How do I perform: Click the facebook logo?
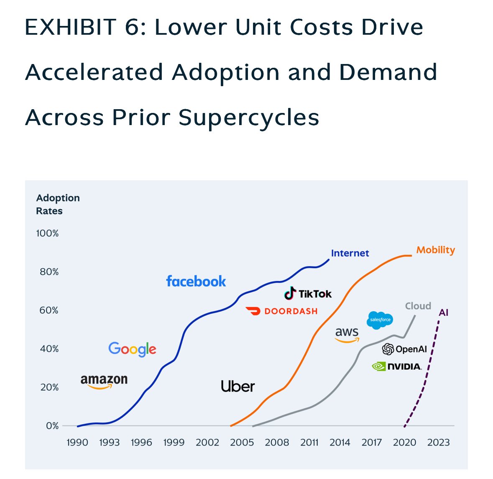pyautogui.click(x=196, y=281)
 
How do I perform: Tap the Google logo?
pyautogui.click(x=132, y=349)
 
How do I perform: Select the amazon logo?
pyautogui.click(x=104, y=381)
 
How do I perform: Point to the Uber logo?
pyautogui.click(x=238, y=386)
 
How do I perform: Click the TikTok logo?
pyautogui.click(x=308, y=294)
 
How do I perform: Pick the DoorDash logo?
pyautogui.click(x=282, y=311)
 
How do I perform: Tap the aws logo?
pyautogui.click(x=347, y=334)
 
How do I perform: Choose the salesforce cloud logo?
pyautogui.click(x=380, y=320)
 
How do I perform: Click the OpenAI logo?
pyautogui.click(x=404, y=349)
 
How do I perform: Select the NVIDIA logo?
pyautogui.click(x=396, y=366)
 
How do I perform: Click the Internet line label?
pyautogui.click(x=350, y=253)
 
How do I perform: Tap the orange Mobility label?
pyautogui.click(x=435, y=250)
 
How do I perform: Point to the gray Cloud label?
pyautogui.click(x=418, y=306)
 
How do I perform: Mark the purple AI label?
pyautogui.click(x=444, y=313)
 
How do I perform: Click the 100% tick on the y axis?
pyautogui.click(x=47, y=233)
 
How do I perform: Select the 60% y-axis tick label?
pyautogui.click(x=49, y=310)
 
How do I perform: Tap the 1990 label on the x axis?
pyautogui.click(x=77, y=443)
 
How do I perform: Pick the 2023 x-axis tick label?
pyautogui.click(x=438, y=443)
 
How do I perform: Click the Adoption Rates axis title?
pyautogui.click(x=58, y=204)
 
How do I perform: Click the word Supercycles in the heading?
pyautogui.click(x=249, y=117)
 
